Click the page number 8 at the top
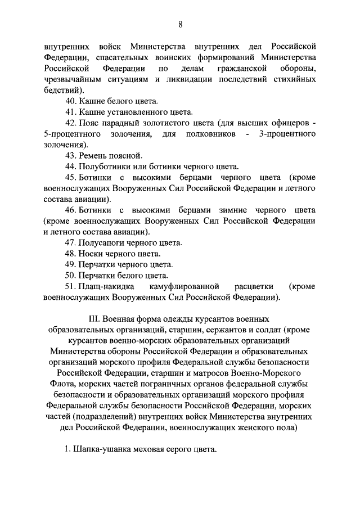pos(180,24)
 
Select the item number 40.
pos(71,102)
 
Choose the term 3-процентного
pos(287,134)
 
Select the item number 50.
pos(71,275)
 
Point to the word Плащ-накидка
pos(107,286)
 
